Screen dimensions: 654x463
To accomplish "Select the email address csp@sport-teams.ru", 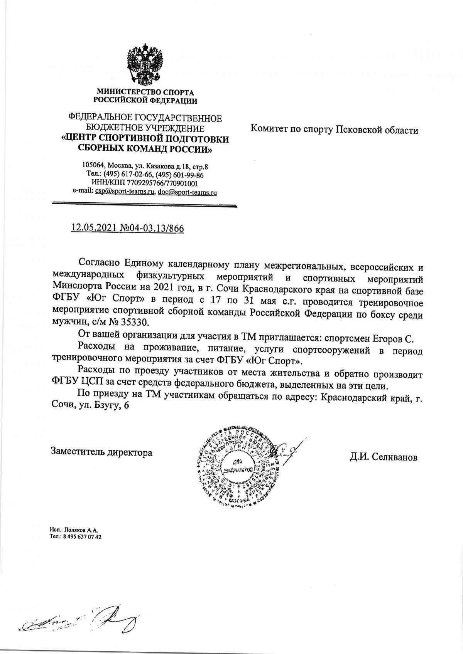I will (x=123, y=192).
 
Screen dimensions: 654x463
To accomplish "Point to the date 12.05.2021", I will (x=91, y=228).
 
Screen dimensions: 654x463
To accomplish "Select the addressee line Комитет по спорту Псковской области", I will (x=335, y=130).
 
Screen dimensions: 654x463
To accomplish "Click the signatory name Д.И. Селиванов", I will (x=384, y=457).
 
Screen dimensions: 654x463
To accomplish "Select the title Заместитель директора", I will (x=101, y=452).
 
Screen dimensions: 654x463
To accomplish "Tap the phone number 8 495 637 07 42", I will (x=82, y=537).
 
